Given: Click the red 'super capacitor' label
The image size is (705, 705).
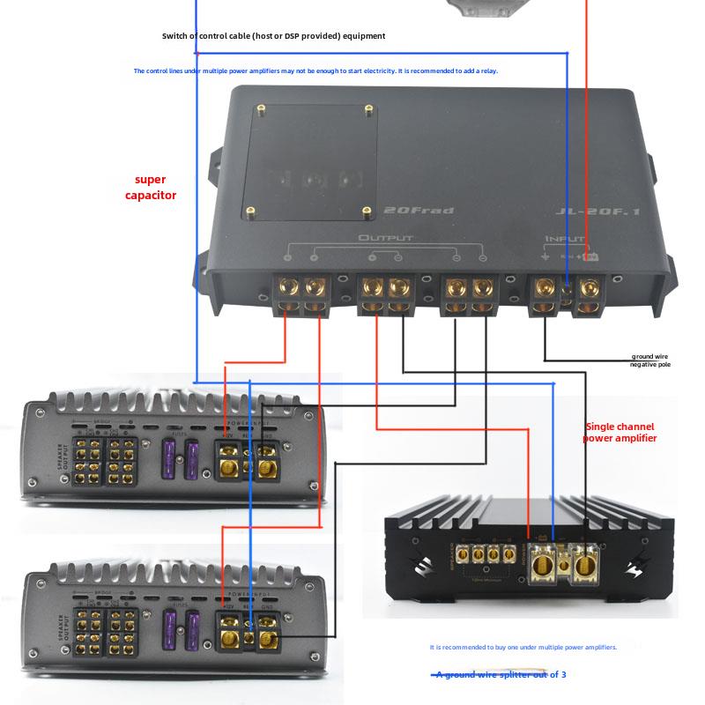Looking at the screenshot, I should pyautogui.click(x=151, y=187).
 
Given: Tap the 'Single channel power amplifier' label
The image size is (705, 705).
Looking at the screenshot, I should pyautogui.click(x=620, y=432).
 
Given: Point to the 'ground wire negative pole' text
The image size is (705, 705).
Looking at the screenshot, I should pyautogui.click(x=650, y=360).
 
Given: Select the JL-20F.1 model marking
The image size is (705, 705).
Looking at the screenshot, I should pyautogui.click(x=586, y=211).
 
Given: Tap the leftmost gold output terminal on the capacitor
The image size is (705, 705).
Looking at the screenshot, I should pyautogui.click(x=289, y=288).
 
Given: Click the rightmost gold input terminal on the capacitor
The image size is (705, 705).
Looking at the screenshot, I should pyautogui.click(x=588, y=288).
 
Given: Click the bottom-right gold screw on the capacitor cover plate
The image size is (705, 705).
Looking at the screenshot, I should pyautogui.click(x=367, y=211).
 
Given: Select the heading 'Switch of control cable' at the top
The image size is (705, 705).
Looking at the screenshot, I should pyautogui.click(x=273, y=36).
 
